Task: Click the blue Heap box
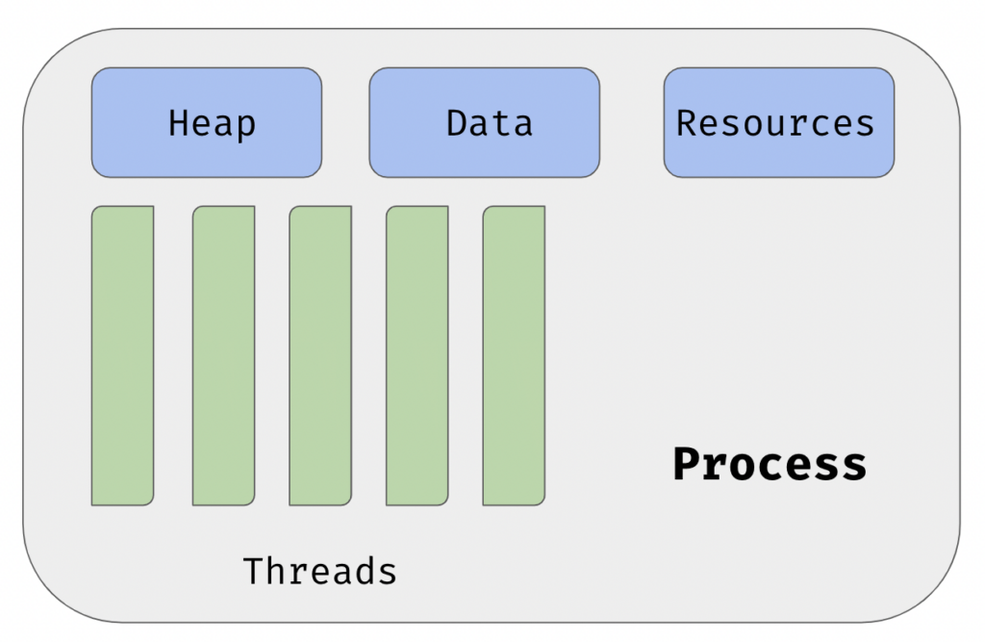[207, 122]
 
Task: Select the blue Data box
[485, 122]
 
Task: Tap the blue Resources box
[779, 122]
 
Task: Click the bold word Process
[770, 465]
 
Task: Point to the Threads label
[319, 571]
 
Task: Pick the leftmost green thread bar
[122, 355]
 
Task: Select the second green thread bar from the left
[223, 355]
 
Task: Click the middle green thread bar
[320, 355]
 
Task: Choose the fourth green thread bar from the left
[417, 355]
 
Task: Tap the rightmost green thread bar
[514, 355]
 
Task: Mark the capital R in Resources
[686, 122]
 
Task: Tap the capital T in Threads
[253, 571]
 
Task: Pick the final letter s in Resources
[865, 126]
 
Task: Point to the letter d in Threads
[365, 571]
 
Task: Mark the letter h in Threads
[275, 571]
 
